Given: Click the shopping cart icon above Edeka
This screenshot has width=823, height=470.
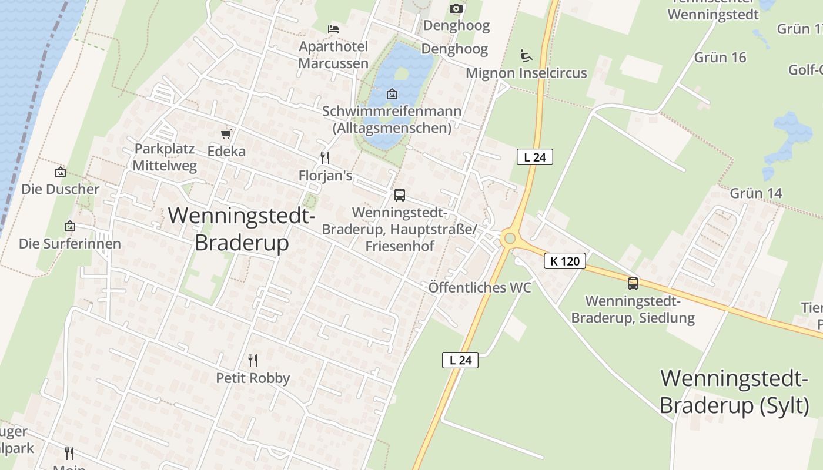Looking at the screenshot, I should [226, 134].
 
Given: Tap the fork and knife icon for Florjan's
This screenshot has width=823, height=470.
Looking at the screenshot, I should [324, 158].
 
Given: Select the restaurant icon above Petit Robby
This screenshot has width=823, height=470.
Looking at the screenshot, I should [253, 360].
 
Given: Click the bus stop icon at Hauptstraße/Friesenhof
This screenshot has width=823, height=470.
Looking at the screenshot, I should [400, 195].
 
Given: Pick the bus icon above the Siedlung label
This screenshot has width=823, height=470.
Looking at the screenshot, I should [633, 284].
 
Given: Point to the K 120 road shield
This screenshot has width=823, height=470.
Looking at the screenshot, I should [565, 261].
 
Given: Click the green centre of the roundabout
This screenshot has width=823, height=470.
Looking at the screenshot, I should [510, 238].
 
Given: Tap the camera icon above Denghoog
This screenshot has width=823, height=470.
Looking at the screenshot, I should [456, 8].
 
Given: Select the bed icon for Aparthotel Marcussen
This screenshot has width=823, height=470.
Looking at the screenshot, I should [333, 29].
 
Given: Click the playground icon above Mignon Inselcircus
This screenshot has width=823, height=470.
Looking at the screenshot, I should [526, 56].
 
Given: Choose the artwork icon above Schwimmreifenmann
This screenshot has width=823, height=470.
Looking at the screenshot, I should [392, 94].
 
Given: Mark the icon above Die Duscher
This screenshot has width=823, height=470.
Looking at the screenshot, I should [60, 172].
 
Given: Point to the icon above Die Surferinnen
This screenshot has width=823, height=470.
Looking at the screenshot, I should [70, 226].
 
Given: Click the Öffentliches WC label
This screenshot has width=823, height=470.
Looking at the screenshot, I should [480, 287].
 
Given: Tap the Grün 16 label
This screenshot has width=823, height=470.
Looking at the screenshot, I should [720, 57].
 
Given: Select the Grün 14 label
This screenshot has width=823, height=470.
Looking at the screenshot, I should [756, 193].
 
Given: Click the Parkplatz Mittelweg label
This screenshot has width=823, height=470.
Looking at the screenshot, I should [165, 157].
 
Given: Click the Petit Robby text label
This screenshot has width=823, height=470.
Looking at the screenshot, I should [253, 378].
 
